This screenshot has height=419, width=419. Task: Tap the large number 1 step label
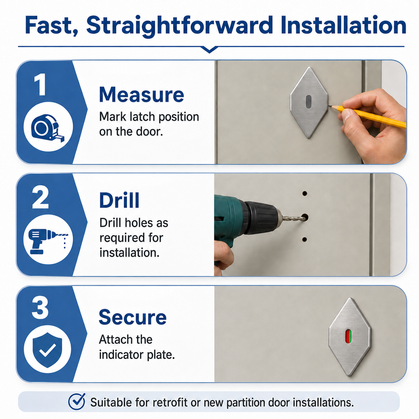[x=41, y=84]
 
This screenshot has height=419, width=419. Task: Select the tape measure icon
[x=48, y=128]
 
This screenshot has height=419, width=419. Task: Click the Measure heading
[x=141, y=95]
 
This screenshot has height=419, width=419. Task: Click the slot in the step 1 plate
[x=309, y=102]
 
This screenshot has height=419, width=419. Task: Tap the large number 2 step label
[x=41, y=198]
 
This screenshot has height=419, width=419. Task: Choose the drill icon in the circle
[x=48, y=241]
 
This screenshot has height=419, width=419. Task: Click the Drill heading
[x=119, y=200]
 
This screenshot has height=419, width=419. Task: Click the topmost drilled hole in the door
[x=304, y=193]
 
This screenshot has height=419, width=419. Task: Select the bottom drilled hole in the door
[x=304, y=239]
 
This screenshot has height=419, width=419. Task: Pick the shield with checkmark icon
[x=47, y=350]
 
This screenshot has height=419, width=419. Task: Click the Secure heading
[x=133, y=317]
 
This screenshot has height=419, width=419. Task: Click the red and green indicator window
[x=349, y=336]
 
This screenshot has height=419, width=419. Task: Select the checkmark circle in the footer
[x=77, y=402]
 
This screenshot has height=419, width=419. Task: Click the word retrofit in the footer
[x=171, y=402]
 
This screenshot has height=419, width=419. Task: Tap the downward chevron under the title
[x=209, y=50]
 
